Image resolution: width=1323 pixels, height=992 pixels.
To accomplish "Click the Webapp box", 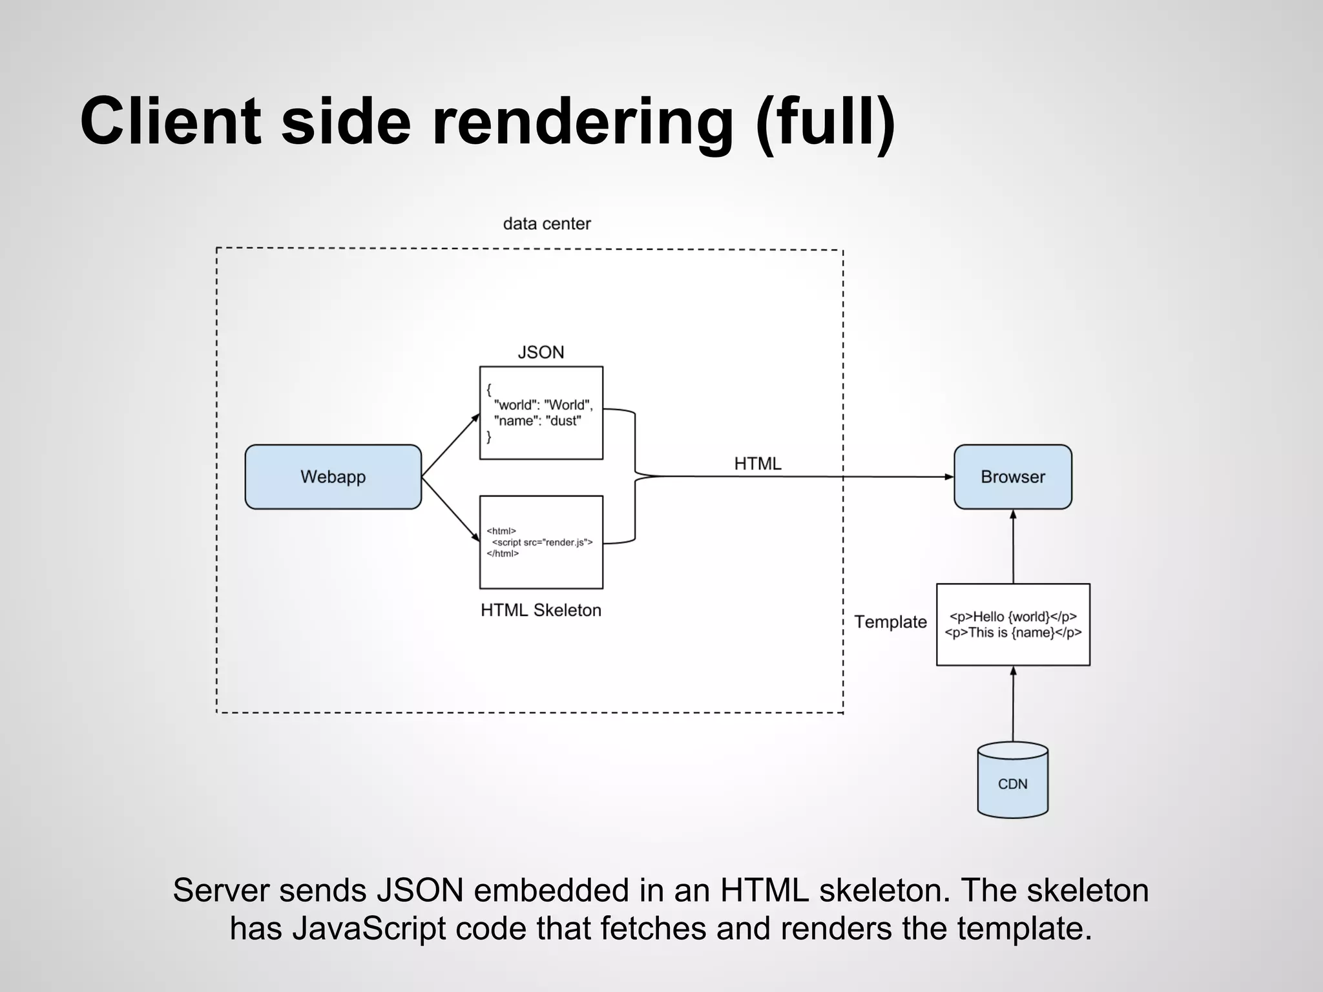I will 333,477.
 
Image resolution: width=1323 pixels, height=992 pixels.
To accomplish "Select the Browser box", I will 1012,477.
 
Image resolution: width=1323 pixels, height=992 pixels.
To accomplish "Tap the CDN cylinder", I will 1012,783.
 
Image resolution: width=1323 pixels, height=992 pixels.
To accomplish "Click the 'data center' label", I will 547,223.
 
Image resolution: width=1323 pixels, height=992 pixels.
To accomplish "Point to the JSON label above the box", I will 541,352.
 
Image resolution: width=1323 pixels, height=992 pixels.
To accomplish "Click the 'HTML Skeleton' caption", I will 541,610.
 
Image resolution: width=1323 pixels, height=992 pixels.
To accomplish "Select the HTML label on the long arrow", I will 757,463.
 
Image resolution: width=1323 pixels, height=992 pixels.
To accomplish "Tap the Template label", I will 890,621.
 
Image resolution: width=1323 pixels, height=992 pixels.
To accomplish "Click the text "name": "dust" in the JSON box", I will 537,421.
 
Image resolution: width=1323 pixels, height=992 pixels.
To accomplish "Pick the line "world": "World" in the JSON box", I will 543,405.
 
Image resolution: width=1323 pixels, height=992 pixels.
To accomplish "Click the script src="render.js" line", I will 542,542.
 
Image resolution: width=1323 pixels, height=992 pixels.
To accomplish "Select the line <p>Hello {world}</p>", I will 1013,616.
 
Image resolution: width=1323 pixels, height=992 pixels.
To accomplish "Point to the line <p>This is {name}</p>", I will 1013,632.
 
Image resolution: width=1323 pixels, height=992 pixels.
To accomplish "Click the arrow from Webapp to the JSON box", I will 450,446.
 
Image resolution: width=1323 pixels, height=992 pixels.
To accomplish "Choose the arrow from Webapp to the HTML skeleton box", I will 450,508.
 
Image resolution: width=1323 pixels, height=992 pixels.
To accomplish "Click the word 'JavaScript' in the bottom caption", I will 368,928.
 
